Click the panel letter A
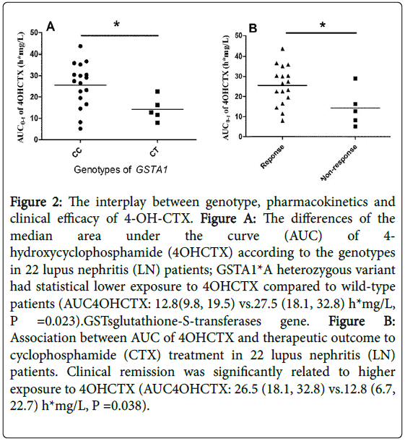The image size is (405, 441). (51, 27)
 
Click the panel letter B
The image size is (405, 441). (253, 28)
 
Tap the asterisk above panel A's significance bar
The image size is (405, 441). (116, 25)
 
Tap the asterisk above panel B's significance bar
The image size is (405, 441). (323, 25)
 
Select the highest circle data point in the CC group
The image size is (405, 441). (80, 46)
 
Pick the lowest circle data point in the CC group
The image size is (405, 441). (80, 129)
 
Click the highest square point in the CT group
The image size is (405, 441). (157, 91)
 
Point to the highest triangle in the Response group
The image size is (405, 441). (282, 49)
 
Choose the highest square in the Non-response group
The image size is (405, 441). (355, 79)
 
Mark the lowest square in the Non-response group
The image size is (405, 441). (355, 127)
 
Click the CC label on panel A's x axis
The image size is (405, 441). (77, 152)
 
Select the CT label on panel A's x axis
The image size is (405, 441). (154, 152)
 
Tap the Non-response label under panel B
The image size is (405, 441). (339, 163)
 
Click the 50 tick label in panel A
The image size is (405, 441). (34, 33)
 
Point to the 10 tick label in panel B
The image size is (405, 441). (238, 116)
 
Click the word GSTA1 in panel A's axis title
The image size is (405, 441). (152, 170)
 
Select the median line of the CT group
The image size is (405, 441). (157, 109)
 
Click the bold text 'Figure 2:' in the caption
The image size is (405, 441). (36, 202)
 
